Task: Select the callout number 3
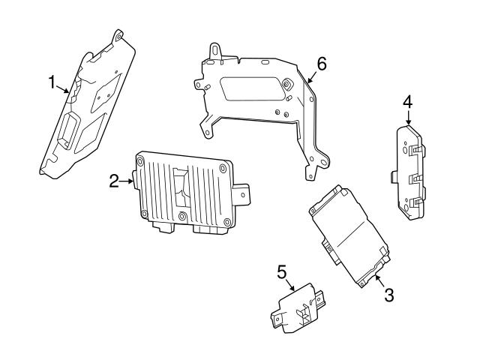click(388, 295)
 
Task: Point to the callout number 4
click(407, 100)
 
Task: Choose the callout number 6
click(321, 64)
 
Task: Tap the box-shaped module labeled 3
click(346, 232)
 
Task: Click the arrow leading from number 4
click(409, 118)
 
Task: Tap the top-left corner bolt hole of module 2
click(140, 158)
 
